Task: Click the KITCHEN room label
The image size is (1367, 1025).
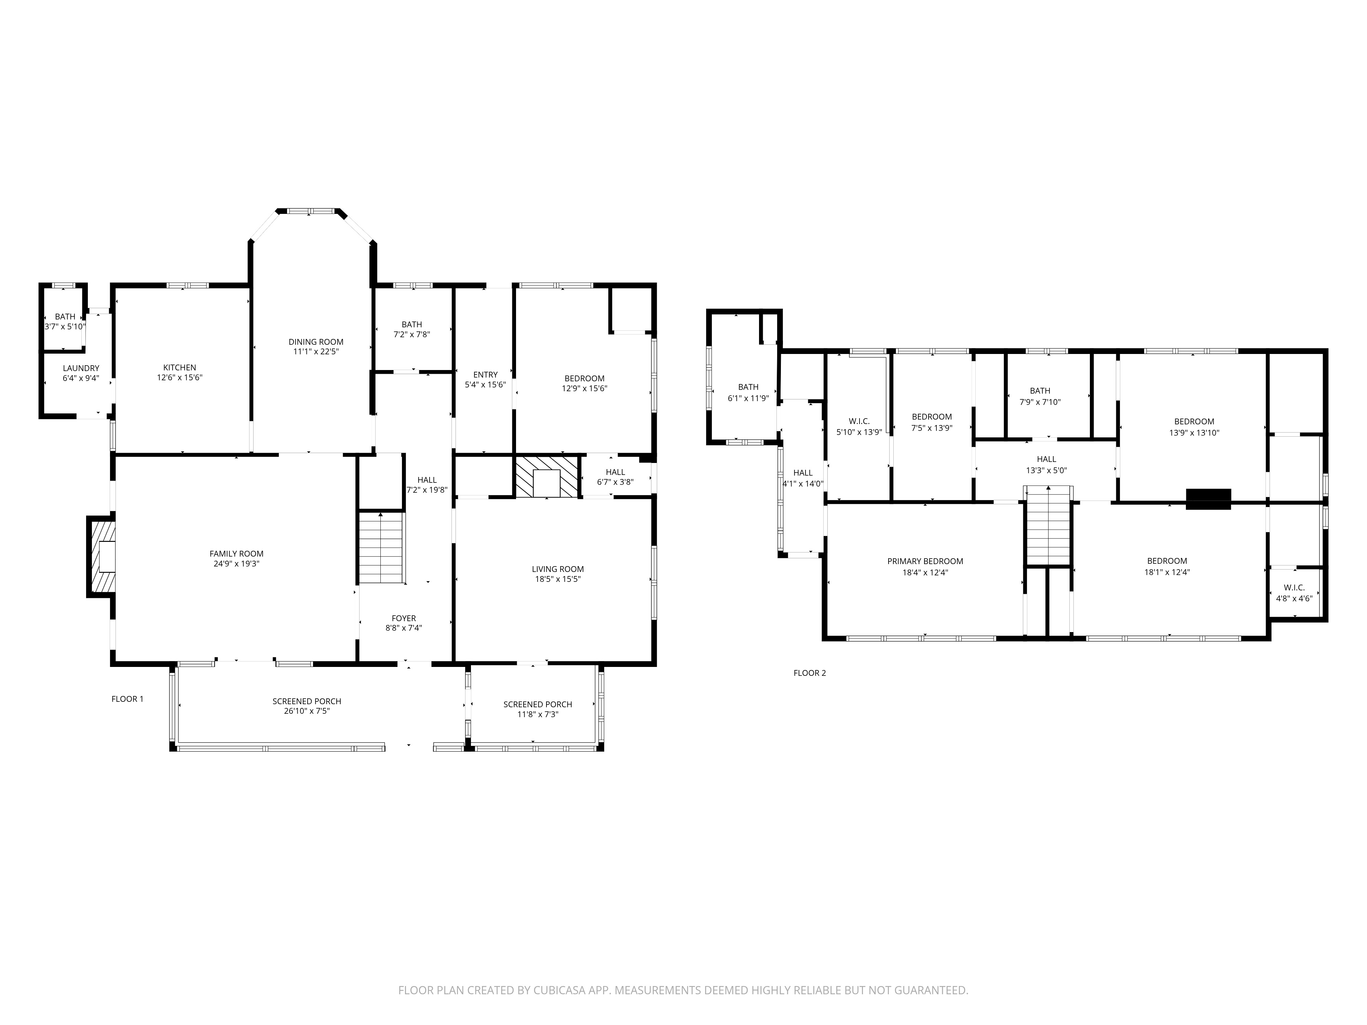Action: tap(179, 368)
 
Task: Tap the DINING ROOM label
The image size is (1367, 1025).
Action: tap(316, 342)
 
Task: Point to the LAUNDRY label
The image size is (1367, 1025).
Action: tap(81, 368)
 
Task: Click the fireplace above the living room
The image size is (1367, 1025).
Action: tap(547, 476)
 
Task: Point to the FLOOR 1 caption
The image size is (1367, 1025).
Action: tap(127, 699)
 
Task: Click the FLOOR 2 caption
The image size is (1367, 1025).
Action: tap(810, 673)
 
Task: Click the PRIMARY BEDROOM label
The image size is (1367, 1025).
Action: tap(925, 561)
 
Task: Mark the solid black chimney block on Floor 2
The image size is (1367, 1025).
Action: tap(1208, 498)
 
